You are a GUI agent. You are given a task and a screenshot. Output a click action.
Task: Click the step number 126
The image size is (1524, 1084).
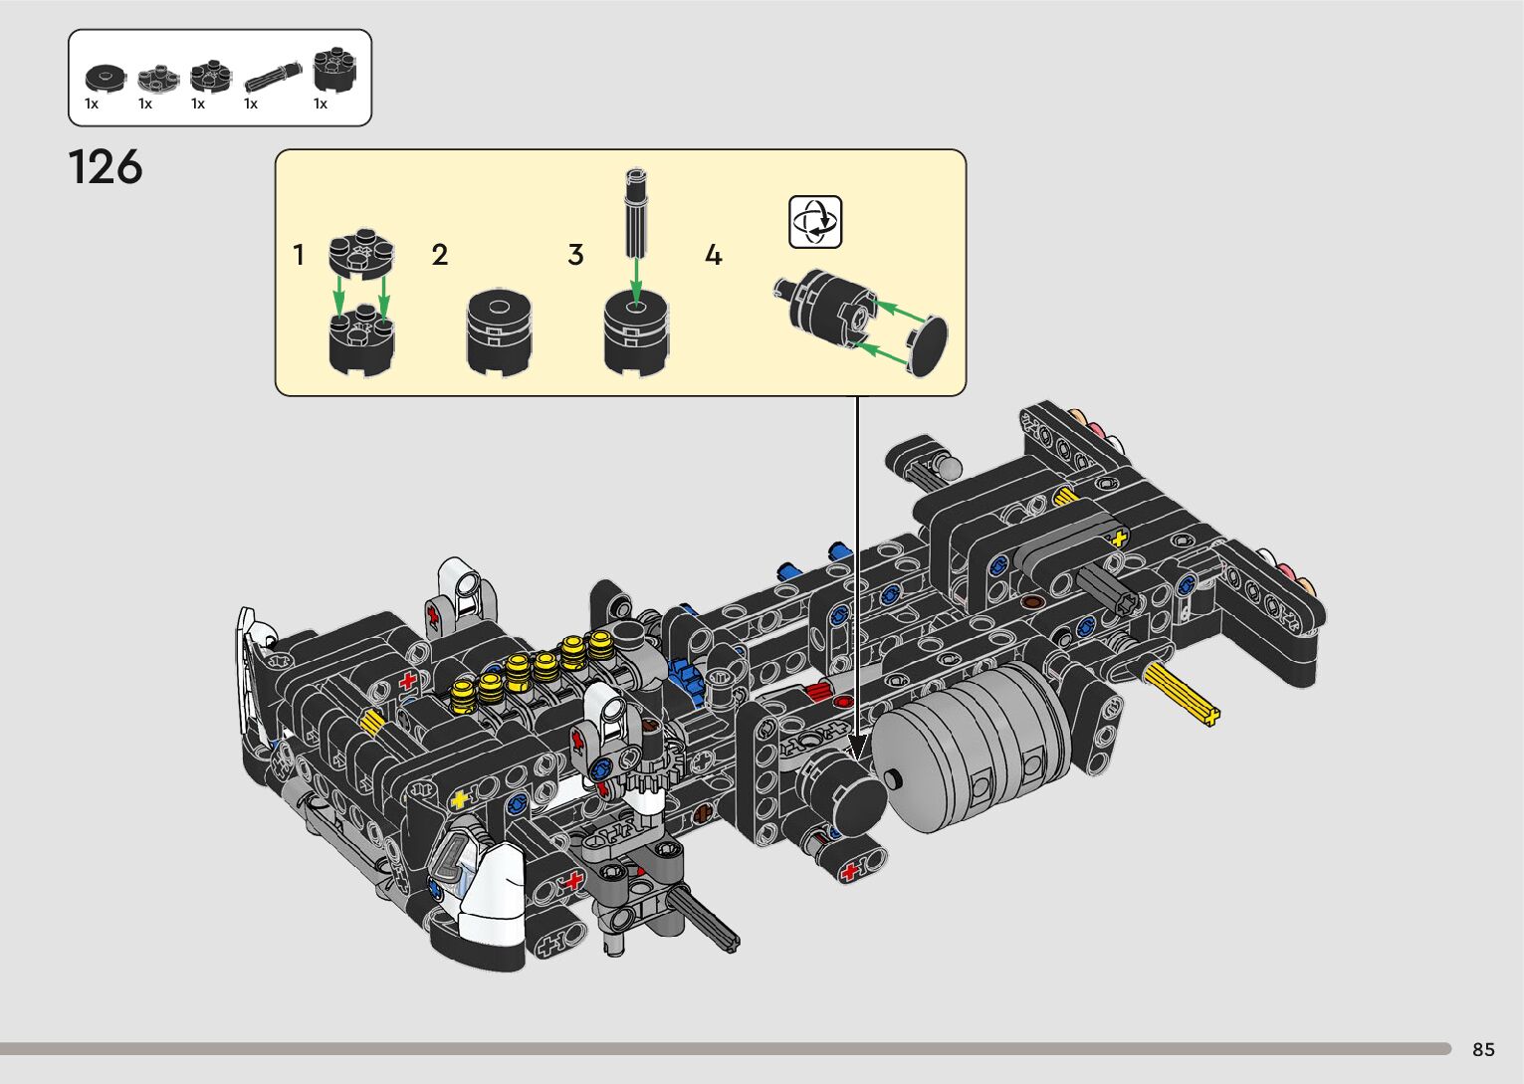point(106,167)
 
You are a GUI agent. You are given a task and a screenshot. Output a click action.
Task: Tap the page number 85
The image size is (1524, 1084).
point(1483,1049)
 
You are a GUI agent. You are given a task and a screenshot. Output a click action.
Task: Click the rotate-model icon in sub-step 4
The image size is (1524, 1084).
point(815,222)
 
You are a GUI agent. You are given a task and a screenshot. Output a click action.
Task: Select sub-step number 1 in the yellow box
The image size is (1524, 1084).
point(298,255)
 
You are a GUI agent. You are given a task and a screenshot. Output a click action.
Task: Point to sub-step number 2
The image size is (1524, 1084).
point(440,255)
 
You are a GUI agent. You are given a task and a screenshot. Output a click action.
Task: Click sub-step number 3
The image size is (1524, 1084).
point(575,255)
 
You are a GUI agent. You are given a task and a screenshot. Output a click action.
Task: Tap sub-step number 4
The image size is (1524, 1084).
point(713,255)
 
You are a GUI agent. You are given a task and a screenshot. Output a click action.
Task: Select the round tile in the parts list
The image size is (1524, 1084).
point(106,79)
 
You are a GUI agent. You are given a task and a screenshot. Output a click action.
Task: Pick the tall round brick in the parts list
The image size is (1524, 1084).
point(334,70)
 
